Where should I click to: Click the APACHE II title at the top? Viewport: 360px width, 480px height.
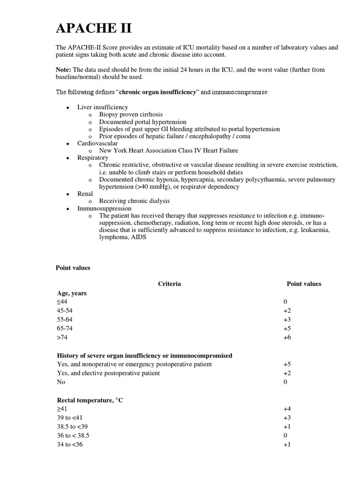click(93, 29)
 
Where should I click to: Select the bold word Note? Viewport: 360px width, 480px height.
click(64, 70)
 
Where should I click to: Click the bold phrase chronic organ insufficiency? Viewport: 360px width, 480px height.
click(158, 92)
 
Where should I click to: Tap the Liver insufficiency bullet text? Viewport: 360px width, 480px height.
click(102, 107)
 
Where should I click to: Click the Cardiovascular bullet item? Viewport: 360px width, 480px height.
click(97, 143)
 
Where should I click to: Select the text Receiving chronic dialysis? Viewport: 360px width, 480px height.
click(135, 201)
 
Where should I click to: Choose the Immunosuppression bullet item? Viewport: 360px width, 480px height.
click(104, 208)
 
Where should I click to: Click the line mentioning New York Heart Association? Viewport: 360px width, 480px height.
click(168, 150)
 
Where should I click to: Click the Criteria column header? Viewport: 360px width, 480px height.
click(169, 284)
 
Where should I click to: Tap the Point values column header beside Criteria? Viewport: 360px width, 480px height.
click(304, 284)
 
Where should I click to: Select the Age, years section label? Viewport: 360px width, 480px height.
click(71, 293)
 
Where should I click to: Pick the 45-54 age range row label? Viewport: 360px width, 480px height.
click(65, 311)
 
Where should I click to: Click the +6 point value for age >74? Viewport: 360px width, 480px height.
click(287, 337)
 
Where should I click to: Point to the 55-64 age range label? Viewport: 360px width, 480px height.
click(65, 320)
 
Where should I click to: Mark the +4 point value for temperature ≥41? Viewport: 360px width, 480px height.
click(287, 409)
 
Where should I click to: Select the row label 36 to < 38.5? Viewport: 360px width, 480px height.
click(73, 435)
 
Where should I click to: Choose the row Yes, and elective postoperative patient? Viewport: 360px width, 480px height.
click(108, 373)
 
